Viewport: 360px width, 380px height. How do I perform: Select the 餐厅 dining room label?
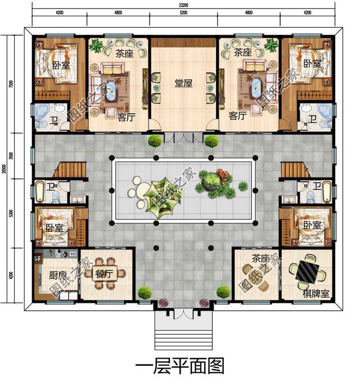(105, 274)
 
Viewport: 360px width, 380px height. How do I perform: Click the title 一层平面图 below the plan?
(180, 366)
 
